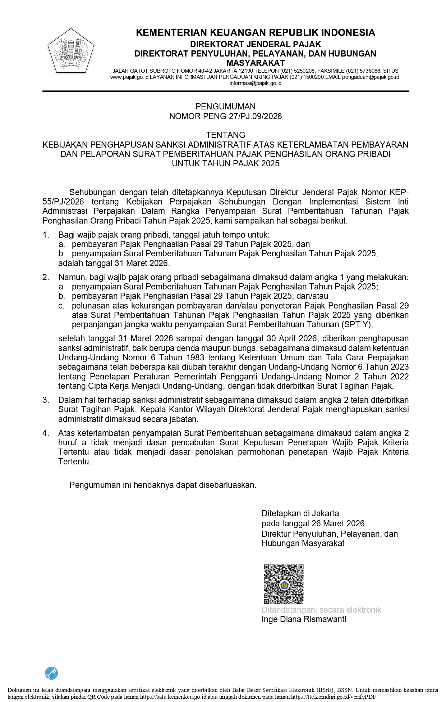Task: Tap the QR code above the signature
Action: point(284,584)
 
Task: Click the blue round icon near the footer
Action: point(51,673)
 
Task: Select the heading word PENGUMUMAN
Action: point(225,107)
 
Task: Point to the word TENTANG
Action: point(225,135)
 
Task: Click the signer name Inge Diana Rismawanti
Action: point(304,619)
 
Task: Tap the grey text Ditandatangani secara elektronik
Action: point(321,610)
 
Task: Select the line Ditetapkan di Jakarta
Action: point(300,513)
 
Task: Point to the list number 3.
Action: point(46,400)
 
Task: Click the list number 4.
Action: point(46,433)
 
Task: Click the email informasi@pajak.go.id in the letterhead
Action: point(256,83)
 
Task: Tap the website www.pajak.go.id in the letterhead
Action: point(129,77)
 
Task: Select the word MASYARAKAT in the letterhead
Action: point(255,63)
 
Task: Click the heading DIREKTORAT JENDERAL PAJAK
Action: point(255,44)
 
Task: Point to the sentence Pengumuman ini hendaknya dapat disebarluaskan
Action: point(163,485)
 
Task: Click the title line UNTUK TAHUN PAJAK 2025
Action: point(225,163)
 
